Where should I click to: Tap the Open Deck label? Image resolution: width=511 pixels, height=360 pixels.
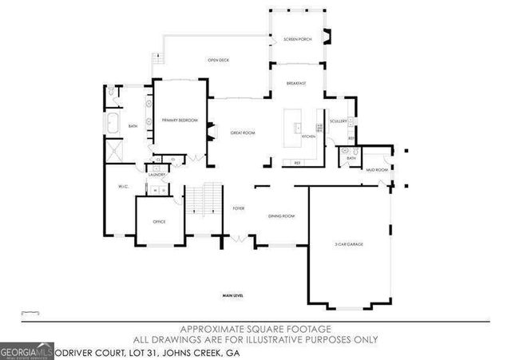(x=220, y=60)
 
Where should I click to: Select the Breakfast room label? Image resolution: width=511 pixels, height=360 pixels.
(x=297, y=83)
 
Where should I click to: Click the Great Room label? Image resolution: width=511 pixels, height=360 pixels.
(x=242, y=133)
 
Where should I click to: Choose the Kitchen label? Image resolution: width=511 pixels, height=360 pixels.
(x=309, y=136)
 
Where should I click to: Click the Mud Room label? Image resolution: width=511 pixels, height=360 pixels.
(x=377, y=170)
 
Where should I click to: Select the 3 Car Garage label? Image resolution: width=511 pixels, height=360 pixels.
(x=349, y=243)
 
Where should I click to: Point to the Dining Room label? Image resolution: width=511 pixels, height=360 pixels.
(x=281, y=216)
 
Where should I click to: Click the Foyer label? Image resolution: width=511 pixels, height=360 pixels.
(x=238, y=208)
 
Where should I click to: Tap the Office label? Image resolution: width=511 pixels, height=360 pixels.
(x=159, y=221)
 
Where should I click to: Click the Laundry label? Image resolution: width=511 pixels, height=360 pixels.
(x=156, y=174)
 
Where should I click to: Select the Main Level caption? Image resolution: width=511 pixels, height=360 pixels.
(x=233, y=296)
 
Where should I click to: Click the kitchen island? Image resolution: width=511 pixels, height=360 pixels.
(x=297, y=128)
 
